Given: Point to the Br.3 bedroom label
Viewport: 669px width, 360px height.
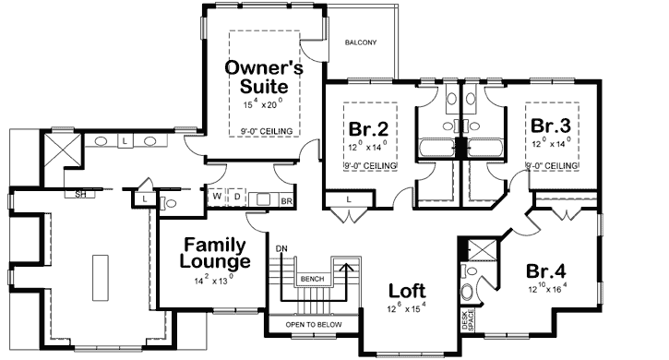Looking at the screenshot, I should pyautogui.click(x=549, y=125).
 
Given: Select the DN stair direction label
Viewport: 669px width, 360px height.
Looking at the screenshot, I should pyautogui.click(x=282, y=248).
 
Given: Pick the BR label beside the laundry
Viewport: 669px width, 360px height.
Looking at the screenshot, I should pyautogui.click(x=286, y=199).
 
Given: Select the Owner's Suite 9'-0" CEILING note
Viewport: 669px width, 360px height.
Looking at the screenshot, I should pyautogui.click(x=266, y=132).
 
